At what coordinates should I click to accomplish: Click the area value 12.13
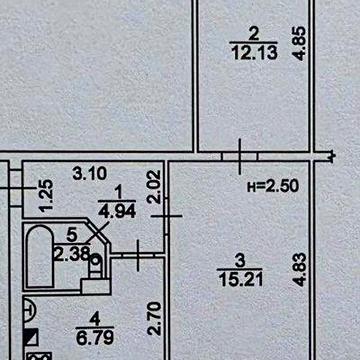tap(255, 52)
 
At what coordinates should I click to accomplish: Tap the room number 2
tap(254, 34)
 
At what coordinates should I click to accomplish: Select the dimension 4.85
tap(299, 44)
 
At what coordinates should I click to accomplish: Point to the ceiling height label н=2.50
tap(273, 186)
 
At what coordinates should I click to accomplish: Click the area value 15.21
tap(241, 279)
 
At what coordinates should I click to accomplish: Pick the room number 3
tap(240, 261)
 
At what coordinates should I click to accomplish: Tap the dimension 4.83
tap(299, 270)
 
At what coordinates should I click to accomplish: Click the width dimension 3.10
tap(90, 174)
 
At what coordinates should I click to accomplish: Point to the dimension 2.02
tap(155, 187)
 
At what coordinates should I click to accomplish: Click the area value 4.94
tap(117, 211)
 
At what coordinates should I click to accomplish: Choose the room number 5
tap(72, 235)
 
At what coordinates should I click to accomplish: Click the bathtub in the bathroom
tap(40, 256)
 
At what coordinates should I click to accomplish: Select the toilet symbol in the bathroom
tap(96, 266)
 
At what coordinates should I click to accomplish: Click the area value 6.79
tap(95, 338)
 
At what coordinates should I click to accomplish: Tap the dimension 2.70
tap(155, 318)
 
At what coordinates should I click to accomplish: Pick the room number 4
tap(95, 320)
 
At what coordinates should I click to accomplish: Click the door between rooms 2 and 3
tap(240, 156)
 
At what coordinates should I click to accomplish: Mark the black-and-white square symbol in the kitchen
tap(31, 337)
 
